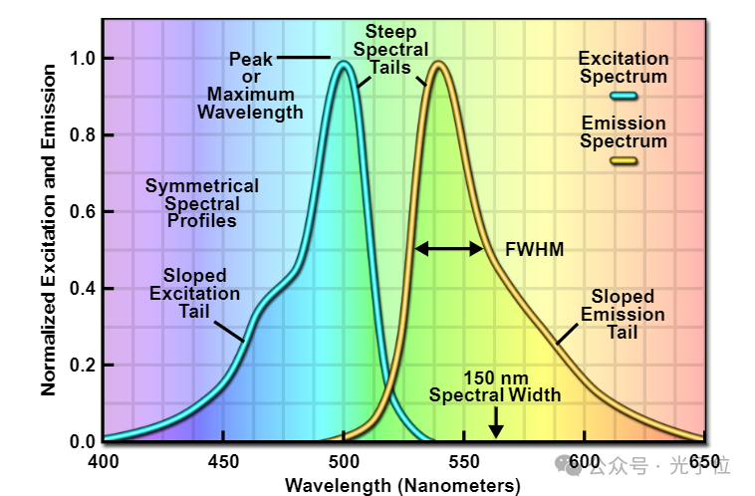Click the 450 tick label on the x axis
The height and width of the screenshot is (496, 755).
[223, 462]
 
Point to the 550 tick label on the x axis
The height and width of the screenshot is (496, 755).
[464, 462]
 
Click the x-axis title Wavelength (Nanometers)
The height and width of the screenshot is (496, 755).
[402, 485]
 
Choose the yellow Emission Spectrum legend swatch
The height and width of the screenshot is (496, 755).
[624, 160]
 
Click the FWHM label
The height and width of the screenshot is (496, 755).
[535, 249]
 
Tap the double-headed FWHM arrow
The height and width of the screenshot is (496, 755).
[449, 248]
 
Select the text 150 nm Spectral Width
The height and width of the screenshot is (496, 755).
[495, 386]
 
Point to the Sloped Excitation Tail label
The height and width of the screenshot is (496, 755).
[195, 294]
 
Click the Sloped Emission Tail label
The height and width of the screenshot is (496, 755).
[623, 315]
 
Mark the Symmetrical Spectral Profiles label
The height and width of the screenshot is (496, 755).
[202, 203]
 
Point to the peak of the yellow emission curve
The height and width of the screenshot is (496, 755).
[438, 66]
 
